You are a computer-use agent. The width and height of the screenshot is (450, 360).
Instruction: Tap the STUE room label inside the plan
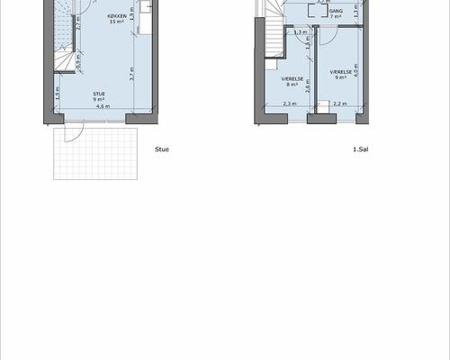point(99,94)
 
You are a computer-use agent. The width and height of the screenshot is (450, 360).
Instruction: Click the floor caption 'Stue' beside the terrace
point(162,149)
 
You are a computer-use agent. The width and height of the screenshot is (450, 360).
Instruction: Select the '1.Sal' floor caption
point(361,149)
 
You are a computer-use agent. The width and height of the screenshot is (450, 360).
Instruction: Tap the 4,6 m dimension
point(103,106)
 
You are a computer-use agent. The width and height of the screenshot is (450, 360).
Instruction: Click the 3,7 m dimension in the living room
point(131,76)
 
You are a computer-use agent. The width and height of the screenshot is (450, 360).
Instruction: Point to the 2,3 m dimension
point(290,103)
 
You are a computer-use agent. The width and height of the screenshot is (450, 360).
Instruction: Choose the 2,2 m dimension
point(339,103)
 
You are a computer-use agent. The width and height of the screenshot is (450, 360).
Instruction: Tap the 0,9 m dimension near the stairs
point(78,63)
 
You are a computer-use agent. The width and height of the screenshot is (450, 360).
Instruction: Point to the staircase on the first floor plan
point(273,40)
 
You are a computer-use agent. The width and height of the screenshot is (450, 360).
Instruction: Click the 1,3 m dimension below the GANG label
point(300,32)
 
